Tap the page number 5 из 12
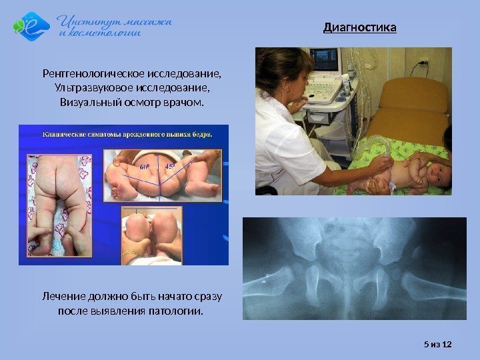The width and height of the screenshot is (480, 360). tap(438, 344)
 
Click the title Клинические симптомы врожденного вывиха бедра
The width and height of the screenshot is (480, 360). tap(127, 133)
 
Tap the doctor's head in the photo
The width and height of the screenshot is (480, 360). tap(285, 70)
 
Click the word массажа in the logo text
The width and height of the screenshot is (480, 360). tap(146, 21)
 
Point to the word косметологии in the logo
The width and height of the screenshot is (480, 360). tap(107, 33)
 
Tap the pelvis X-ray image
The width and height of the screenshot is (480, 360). tap(354, 268)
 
